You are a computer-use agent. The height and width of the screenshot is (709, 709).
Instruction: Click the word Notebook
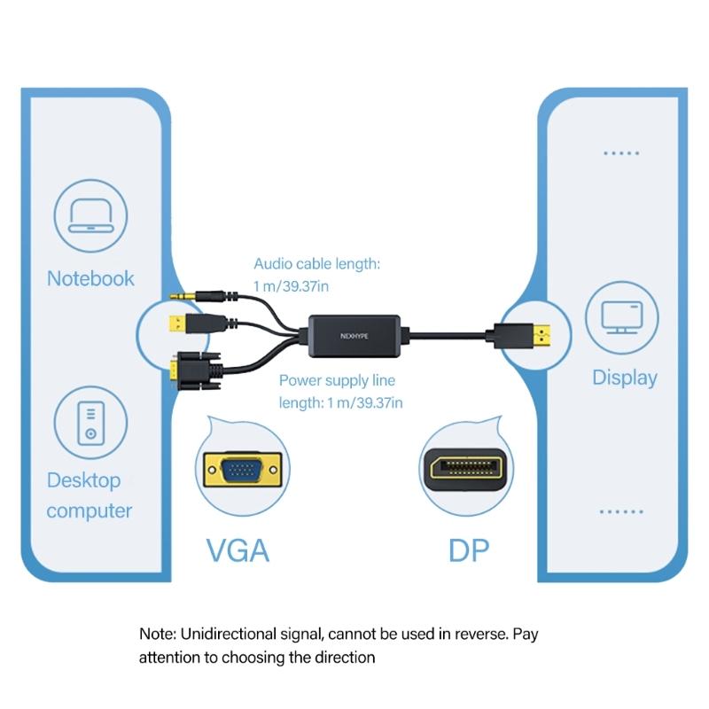coord(90,278)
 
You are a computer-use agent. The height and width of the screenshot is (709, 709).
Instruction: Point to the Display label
coord(624,378)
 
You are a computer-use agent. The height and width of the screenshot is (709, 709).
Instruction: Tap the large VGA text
coord(237,550)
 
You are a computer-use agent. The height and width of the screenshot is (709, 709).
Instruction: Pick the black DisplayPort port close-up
coord(464,467)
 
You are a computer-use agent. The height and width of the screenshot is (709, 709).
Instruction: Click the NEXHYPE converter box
coord(359,336)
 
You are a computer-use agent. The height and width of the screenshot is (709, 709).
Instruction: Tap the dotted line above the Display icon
coord(620,153)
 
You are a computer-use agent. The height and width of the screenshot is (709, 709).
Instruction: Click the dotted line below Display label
coord(620,512)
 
